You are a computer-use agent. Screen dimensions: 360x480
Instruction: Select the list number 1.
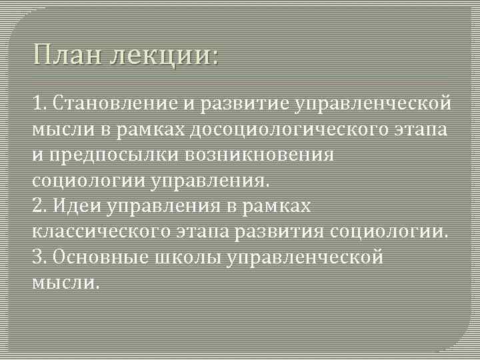[37, 103]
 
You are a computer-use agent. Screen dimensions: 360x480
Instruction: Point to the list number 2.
[37, 206]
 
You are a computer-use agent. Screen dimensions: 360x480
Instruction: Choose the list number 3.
[37, 257]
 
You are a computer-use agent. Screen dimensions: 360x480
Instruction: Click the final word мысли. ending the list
[66, 283]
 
